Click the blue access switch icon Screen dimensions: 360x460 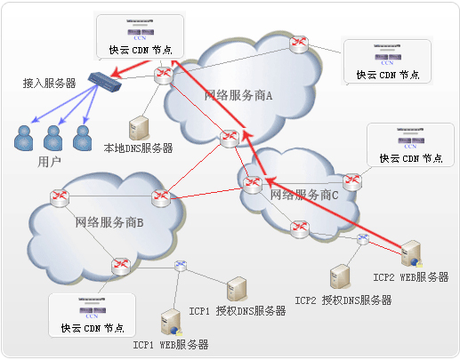[103, 82]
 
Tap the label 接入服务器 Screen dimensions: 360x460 [49, 83]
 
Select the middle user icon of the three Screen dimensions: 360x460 [53, 137]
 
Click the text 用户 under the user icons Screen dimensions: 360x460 [50, 163]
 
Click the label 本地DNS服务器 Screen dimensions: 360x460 [138, 148]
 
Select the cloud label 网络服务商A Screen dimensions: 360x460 [238, 95]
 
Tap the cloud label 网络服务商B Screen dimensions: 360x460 [109, 222]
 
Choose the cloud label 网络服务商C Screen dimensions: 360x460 [305, 194]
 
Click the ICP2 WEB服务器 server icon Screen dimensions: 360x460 [411, 254]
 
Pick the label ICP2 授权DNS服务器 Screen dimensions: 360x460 [343, 300]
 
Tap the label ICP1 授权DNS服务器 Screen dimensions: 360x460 [238, 311]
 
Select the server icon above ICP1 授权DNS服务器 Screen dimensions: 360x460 [237, 289]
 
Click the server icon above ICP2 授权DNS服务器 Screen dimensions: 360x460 [339, 277]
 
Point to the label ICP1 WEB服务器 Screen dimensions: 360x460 [171, 344]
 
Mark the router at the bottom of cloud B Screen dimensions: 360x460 [119, 264]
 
